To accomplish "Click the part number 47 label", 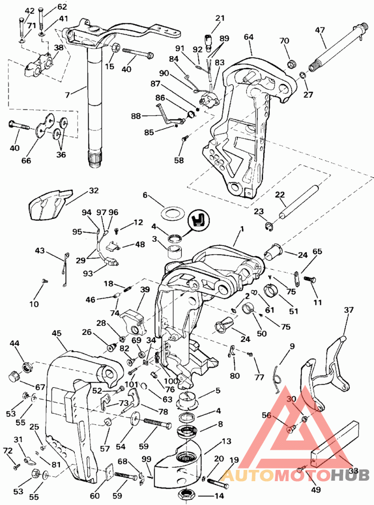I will (x=320, y=30).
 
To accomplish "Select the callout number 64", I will (x=249, y=36).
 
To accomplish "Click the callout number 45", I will (x=57, y=333).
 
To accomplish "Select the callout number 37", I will (x=349, y=310).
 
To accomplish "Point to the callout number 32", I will (x=94, y=190).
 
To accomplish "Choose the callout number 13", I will (x=226, y=441).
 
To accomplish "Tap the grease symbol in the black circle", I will (x=199, y=219).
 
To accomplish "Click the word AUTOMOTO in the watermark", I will (x=275, y=475).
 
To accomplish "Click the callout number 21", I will (x=220, y=18).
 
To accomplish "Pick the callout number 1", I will (x=242, y=229).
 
